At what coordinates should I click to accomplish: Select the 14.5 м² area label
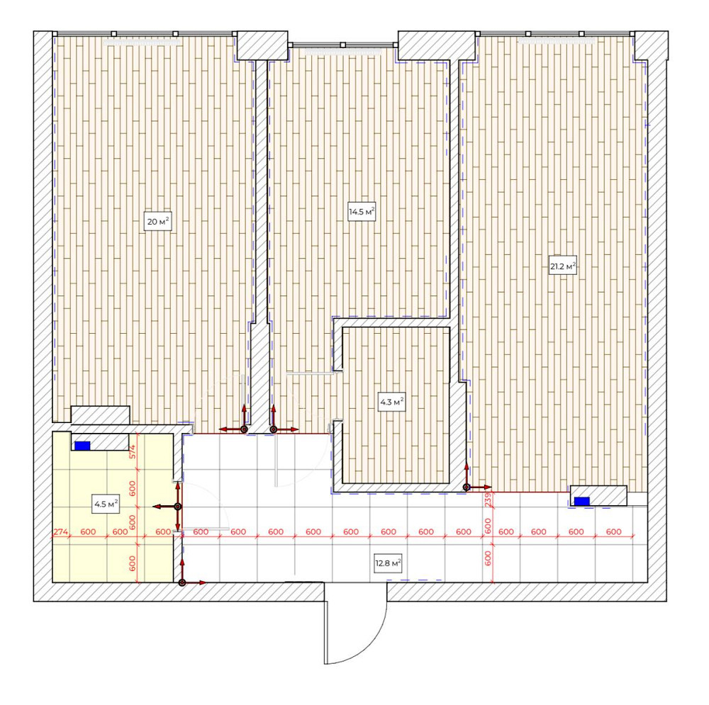click(x=361, y=213)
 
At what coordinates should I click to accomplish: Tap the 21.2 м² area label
click(x=563, y=266)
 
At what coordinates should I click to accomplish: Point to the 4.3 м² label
click(x=391, y=402)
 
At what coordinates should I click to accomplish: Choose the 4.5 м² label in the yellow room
click(x=106, y=504)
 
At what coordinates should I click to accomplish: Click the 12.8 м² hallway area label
click(x=389, y=564)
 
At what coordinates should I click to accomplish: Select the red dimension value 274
click(x=61, y=531)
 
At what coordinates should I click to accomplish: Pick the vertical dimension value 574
click(x=132, y=451)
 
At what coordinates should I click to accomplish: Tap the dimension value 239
click(x=488, y=500)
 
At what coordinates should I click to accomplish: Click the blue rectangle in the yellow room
click(x=83, y=446)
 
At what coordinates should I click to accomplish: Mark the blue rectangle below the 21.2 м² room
click(x=581, y=502)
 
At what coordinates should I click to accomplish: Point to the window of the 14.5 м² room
click(x=343, y=45)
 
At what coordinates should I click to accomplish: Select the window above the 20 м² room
click(x=144, y=33)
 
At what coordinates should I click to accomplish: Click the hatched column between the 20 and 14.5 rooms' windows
click(x=262, y=45)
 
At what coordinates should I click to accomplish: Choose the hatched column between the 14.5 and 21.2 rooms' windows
click(x=435, y=45)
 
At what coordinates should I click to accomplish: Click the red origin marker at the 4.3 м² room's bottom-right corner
click(x=467, y=487)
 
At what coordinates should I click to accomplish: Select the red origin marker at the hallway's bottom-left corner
click(x=182, y=582)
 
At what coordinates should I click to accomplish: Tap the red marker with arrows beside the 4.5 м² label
click(x=177, y=507)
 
